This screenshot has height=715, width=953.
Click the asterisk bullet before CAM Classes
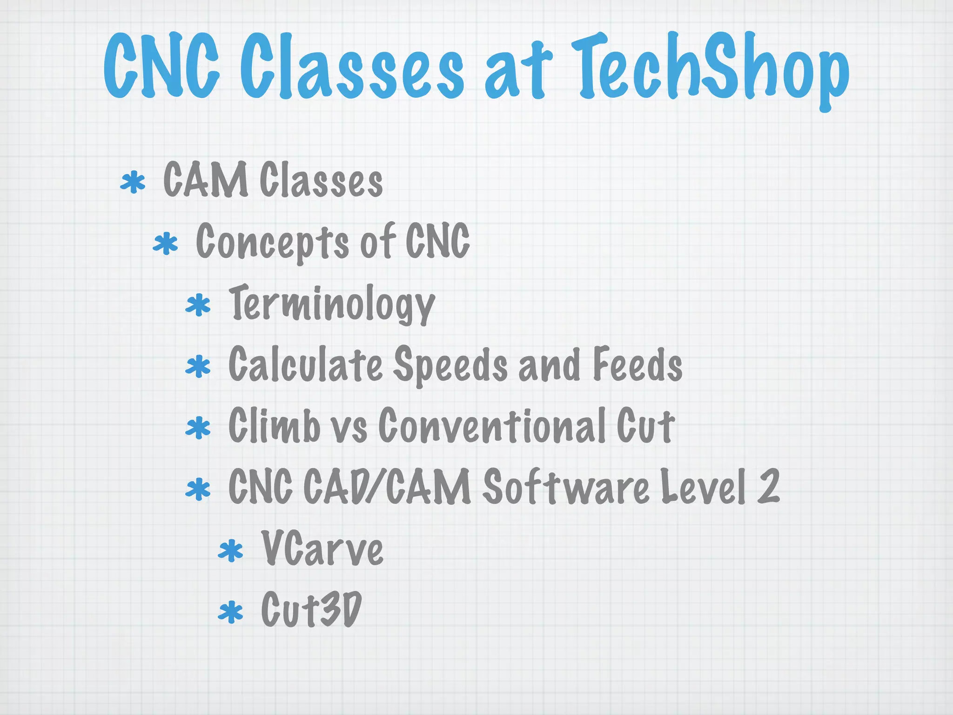(133, 182)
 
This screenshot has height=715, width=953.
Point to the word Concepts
(272, 242)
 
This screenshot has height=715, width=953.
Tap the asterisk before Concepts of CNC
(166, 244)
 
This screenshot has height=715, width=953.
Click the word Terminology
(332, 304)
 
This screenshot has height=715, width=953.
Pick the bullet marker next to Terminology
(198, 305)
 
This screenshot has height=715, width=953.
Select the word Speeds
(450, 365)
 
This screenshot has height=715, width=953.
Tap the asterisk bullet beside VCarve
(231, 551)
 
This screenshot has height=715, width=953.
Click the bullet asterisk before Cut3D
(231, 612)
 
